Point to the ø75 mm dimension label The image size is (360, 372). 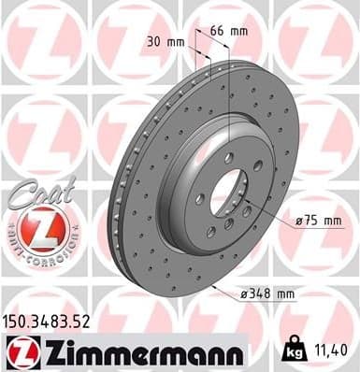(314, 221)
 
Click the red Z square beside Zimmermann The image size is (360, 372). (21, 351)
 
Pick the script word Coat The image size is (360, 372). (38, 191)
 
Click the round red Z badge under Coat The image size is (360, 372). (38, 229)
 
